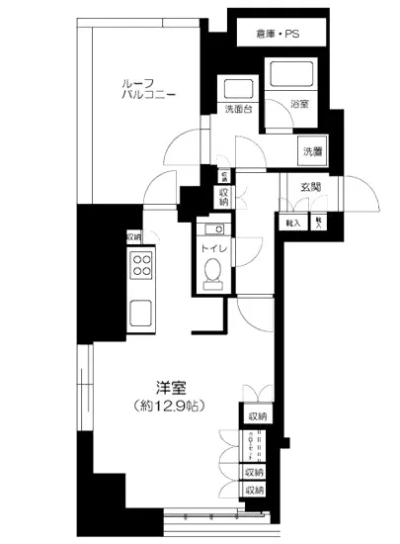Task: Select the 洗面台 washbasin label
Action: pos(236,109)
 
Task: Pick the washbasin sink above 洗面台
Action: pos(237,87)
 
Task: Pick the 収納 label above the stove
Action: pos(133,236)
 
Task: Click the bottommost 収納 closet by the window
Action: pos(255,489)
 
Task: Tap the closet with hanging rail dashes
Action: pos(255,445)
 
